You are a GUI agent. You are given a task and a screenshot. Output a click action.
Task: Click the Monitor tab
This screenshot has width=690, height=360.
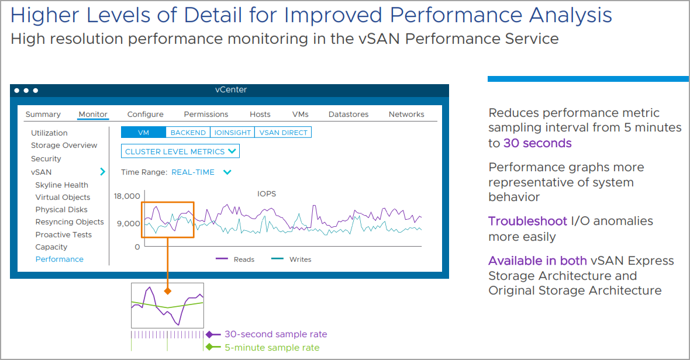pos(93,115)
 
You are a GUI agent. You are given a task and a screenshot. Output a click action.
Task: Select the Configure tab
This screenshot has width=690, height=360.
pos(145,115)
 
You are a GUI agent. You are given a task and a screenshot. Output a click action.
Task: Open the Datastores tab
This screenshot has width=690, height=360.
pos(349,115)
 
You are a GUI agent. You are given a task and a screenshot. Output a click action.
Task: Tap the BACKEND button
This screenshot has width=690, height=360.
pos(188,132)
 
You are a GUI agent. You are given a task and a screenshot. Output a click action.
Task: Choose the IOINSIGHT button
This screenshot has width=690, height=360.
pos(232,132)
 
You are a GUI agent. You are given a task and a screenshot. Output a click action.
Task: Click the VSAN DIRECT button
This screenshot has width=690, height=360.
pos(283,132)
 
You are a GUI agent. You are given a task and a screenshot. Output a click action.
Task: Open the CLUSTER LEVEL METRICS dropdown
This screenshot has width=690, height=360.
pos(181,151)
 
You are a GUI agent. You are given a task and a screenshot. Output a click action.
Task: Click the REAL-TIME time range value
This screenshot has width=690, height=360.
pos(193,172)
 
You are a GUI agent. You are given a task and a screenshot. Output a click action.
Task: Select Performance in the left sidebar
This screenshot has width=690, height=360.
pos(60,259)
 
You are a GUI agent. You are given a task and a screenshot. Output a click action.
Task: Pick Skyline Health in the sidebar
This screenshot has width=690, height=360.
pos(61,185)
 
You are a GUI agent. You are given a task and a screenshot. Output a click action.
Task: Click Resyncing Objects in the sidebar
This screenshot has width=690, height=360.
pos(70,222)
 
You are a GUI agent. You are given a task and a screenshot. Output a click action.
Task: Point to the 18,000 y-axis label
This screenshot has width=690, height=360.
pos(127,196)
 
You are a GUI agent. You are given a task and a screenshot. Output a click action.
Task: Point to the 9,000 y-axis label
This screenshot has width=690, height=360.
pos(129,224)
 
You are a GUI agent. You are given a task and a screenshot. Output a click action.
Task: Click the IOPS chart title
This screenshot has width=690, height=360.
pos(267,194)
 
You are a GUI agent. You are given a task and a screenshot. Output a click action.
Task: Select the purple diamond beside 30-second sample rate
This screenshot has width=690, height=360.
pos(209,334)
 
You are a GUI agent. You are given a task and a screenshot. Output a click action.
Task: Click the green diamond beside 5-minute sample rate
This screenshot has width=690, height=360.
pos(209,347)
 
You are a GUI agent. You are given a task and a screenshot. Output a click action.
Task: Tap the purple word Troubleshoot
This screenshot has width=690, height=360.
pos(527,221)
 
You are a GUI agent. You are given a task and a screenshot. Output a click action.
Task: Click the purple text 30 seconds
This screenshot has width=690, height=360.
pos(537,143)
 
